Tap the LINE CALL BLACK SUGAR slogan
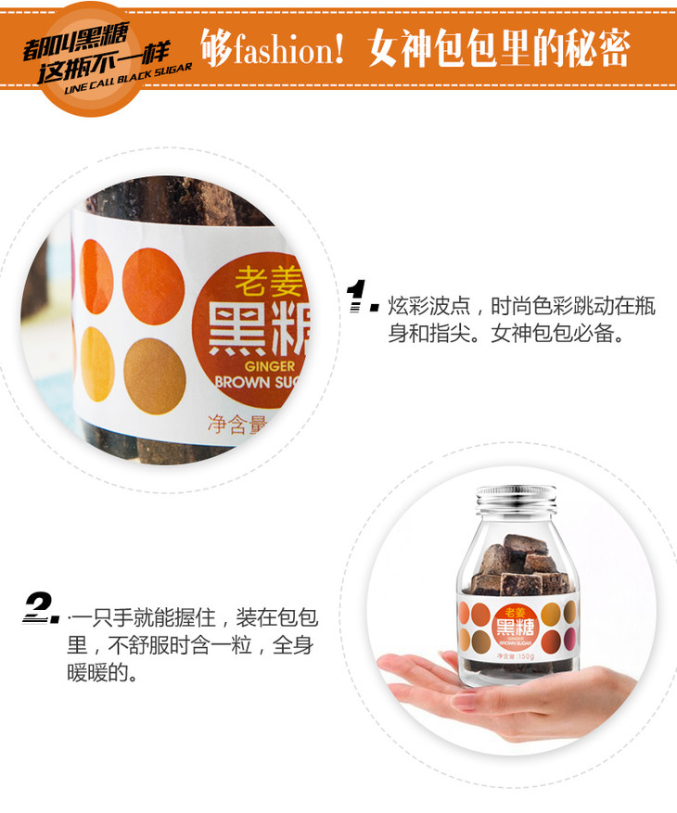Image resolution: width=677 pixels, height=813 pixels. [x=128, y=80]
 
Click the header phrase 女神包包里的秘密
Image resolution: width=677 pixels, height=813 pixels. [x=499, y=47]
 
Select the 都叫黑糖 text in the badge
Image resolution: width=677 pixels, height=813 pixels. [x=76, y=41]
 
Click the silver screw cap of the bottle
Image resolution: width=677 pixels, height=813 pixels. [x=517, y=498]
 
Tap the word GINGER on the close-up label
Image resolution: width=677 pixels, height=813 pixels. [x=269, y=366]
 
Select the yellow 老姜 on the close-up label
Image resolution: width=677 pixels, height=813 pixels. [x=268, y=281]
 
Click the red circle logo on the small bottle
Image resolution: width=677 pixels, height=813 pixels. [x=515, y=627]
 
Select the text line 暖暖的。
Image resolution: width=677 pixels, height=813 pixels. [x=102, y=672]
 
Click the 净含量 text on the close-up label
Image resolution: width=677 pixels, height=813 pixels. [x=237, y=425]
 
